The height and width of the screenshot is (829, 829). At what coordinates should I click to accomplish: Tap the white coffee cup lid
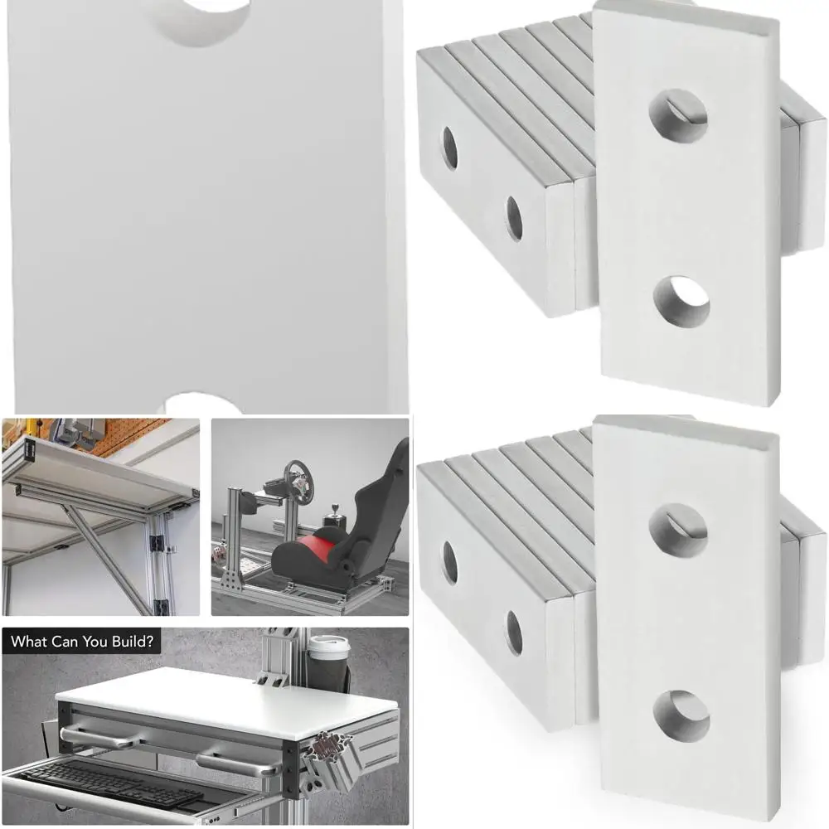coord(329,642)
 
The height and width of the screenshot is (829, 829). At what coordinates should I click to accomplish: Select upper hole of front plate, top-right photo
coord(678,115)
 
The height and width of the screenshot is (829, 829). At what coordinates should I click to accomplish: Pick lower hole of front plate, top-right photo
coord(681,301)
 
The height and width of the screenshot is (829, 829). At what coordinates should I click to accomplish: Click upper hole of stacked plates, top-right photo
coord(450,148)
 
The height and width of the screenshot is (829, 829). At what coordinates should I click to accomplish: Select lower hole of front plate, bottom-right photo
coord(681,715)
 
